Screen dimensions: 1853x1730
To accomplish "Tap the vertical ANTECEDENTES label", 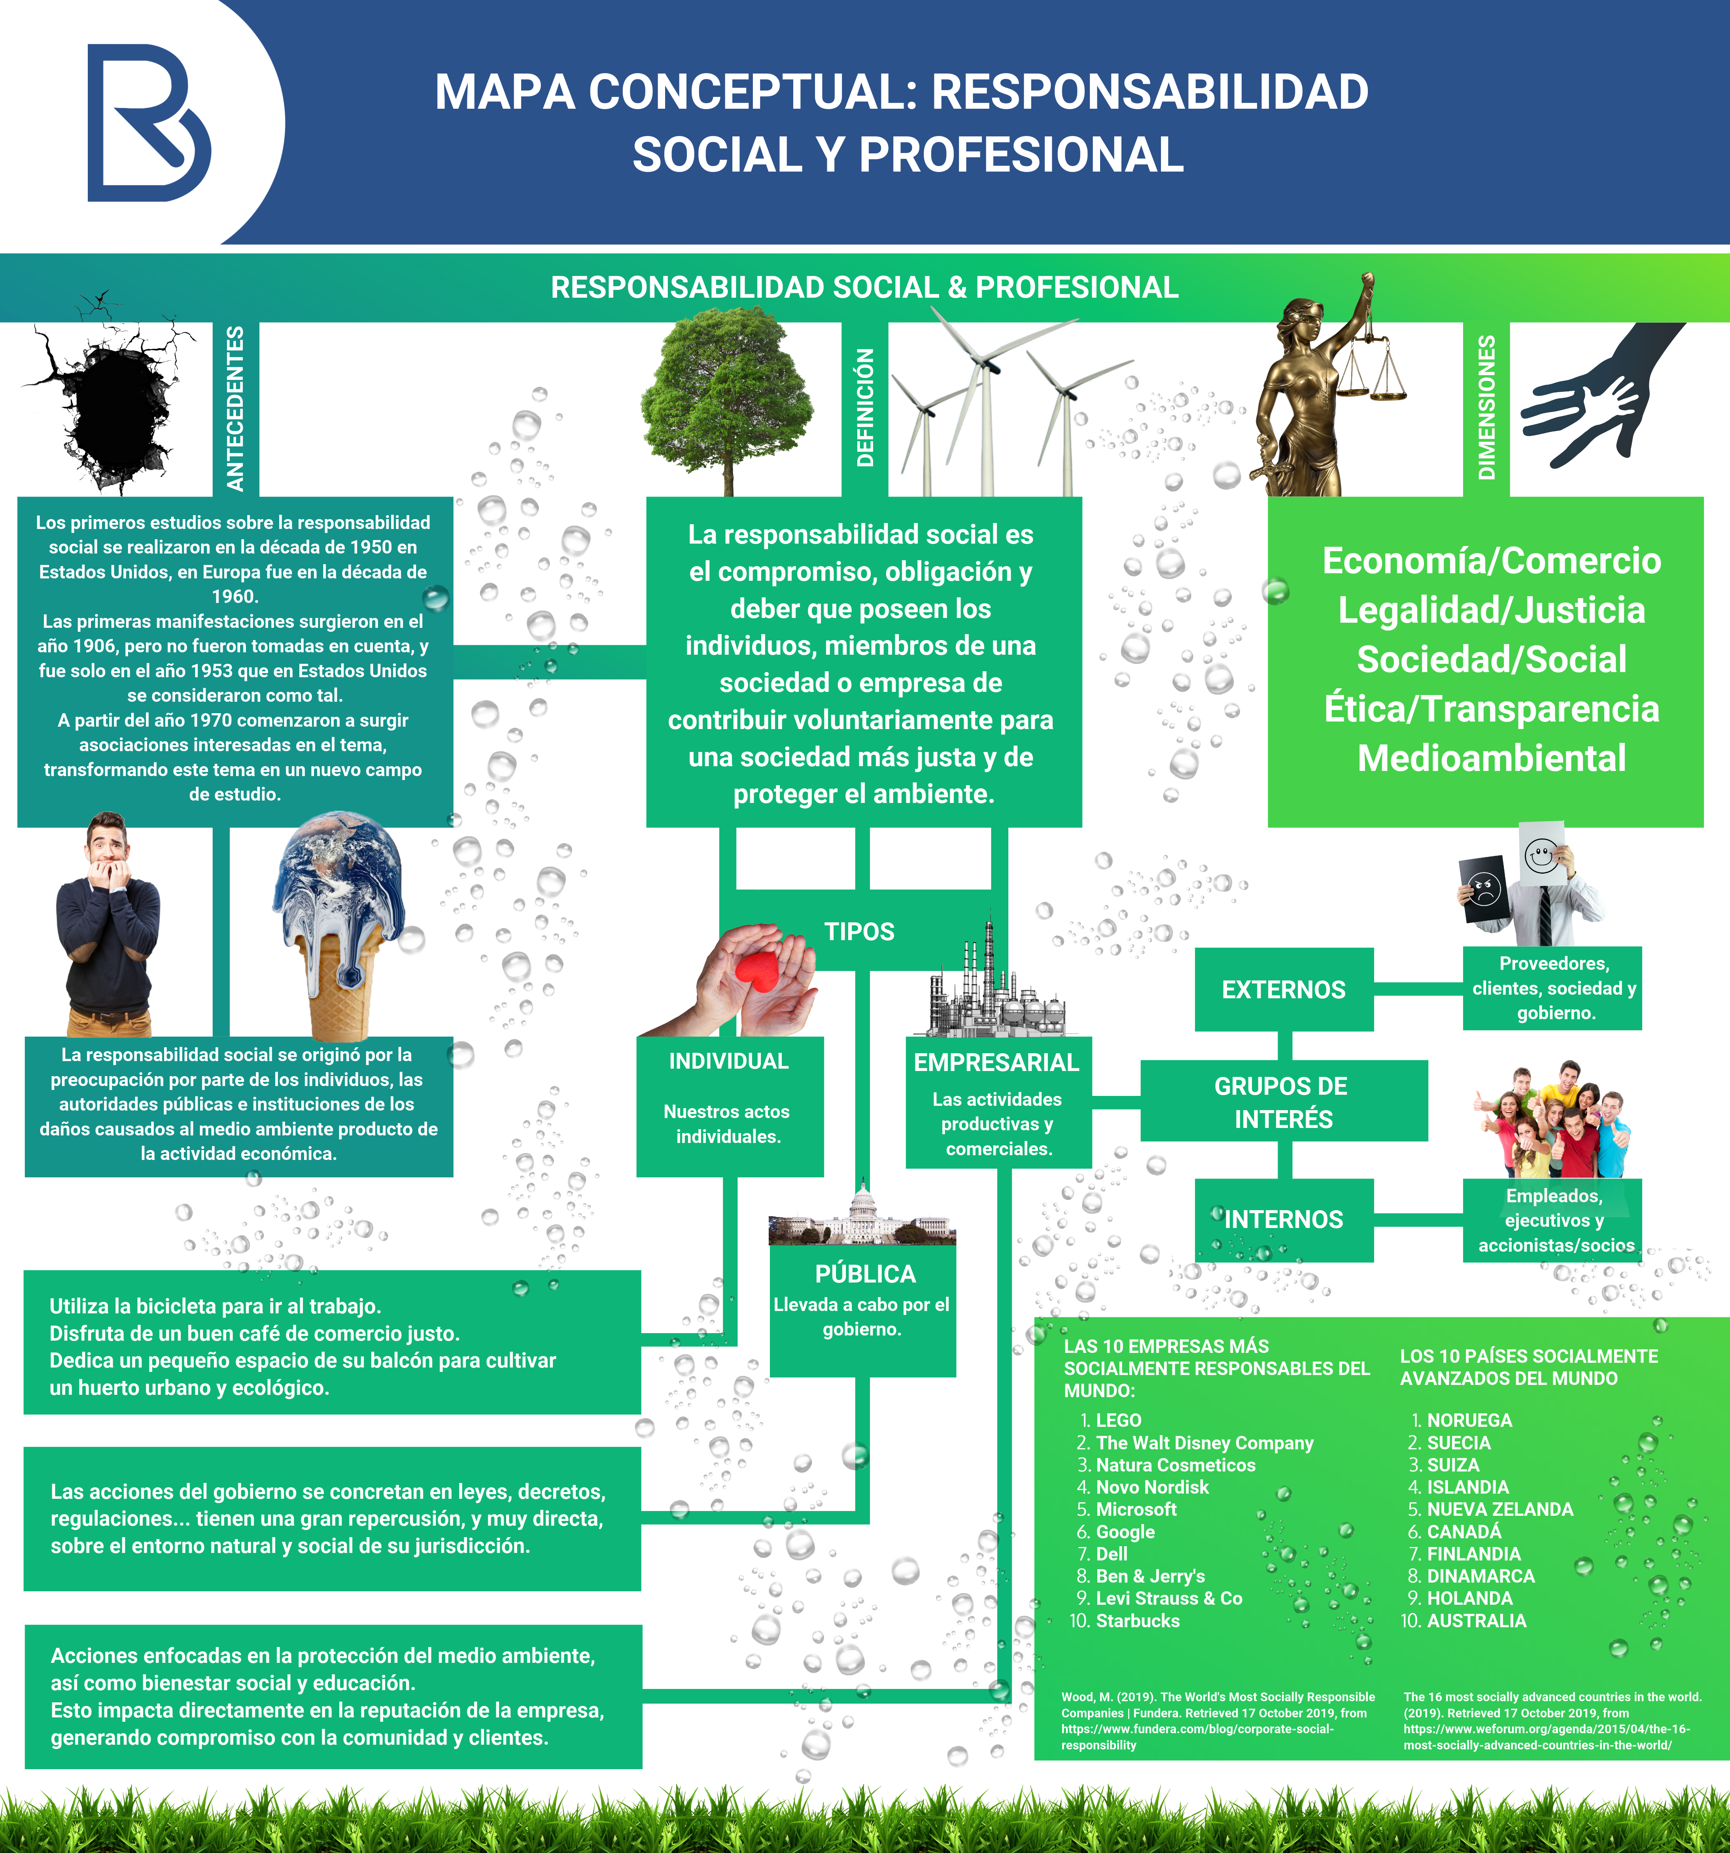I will pos(235,408).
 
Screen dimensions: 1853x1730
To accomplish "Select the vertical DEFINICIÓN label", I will pos(865,408).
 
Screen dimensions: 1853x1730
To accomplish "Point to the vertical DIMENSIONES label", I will pos(1486,408).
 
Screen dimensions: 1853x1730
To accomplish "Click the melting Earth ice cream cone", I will pos(340,923).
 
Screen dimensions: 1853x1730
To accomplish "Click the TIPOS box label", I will pos(858,931).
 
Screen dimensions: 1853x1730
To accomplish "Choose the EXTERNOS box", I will pos(1284,989).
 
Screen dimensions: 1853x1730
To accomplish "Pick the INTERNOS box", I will pos(1284,1219).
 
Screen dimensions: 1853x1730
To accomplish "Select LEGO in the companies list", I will pos(1119,1420).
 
